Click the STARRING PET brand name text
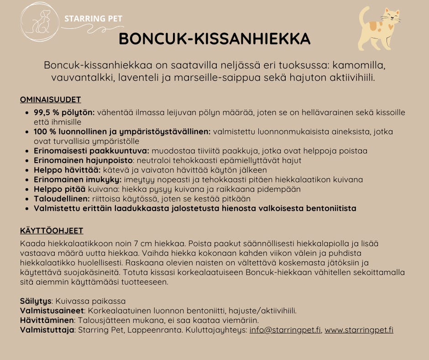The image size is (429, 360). [x=93, y=19]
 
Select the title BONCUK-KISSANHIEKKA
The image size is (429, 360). [x=214, y=39]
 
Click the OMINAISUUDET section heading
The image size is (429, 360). [x=51, y=100]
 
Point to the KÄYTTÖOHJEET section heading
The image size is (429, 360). [x=52, y=231]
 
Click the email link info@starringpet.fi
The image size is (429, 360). [x=285, y=330]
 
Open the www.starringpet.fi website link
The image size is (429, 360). [x=359, y=330]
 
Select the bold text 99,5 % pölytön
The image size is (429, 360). [x=64, y=112]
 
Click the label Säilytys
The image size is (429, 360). [x=37, y=301]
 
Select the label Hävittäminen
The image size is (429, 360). [x=47, y=320]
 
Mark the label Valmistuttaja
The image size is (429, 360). [x=47, y=330]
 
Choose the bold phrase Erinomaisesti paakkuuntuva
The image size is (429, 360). [x=91, y=151]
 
